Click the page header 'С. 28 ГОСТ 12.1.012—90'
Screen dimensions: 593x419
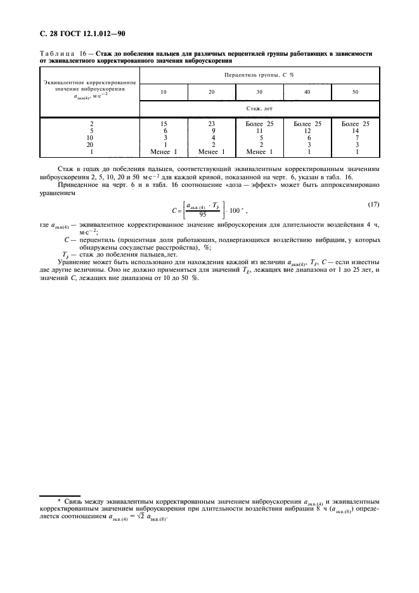(x=81, y=32)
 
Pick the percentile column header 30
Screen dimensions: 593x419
(x=259, y=92)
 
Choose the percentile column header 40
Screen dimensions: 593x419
(x=307, y=92)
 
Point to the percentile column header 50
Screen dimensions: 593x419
(x=355, y=92)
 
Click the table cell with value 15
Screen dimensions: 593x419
(x=164, y=124)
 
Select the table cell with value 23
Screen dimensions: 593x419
(x=212, y=124)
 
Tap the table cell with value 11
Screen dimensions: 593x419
(x=259, y=131)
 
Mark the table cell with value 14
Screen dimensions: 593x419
(x=355, y=131)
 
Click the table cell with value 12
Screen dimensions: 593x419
(x=307, y=131)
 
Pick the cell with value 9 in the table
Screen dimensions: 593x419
(x=212, y=131)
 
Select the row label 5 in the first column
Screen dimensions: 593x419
(x=91, y=131)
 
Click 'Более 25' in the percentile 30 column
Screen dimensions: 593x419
(x=259, y=124)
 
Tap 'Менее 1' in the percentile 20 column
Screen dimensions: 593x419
(x=212, y=152)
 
